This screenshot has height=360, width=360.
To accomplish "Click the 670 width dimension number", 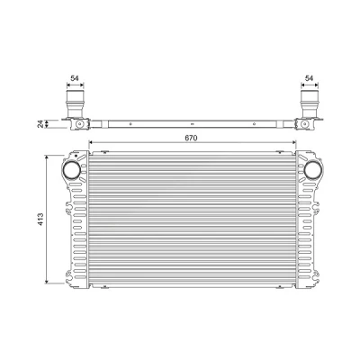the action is tap(191, 138).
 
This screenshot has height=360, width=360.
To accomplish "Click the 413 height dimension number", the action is tap(40, 220).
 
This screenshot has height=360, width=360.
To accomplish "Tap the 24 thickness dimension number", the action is tap(40, 124).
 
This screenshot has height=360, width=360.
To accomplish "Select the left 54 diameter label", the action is tap(75, 78).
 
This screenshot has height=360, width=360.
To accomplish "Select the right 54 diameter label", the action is tap(309, 78).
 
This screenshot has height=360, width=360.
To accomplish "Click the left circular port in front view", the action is tap(72, 170).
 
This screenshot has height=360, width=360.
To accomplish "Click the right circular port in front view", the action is tap(313, 170).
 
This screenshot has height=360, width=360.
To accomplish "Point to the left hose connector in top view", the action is tap(75, 103).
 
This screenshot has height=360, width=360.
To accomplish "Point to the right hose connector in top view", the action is tap(310, 103).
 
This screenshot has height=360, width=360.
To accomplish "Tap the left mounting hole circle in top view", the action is tap(79, 124).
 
